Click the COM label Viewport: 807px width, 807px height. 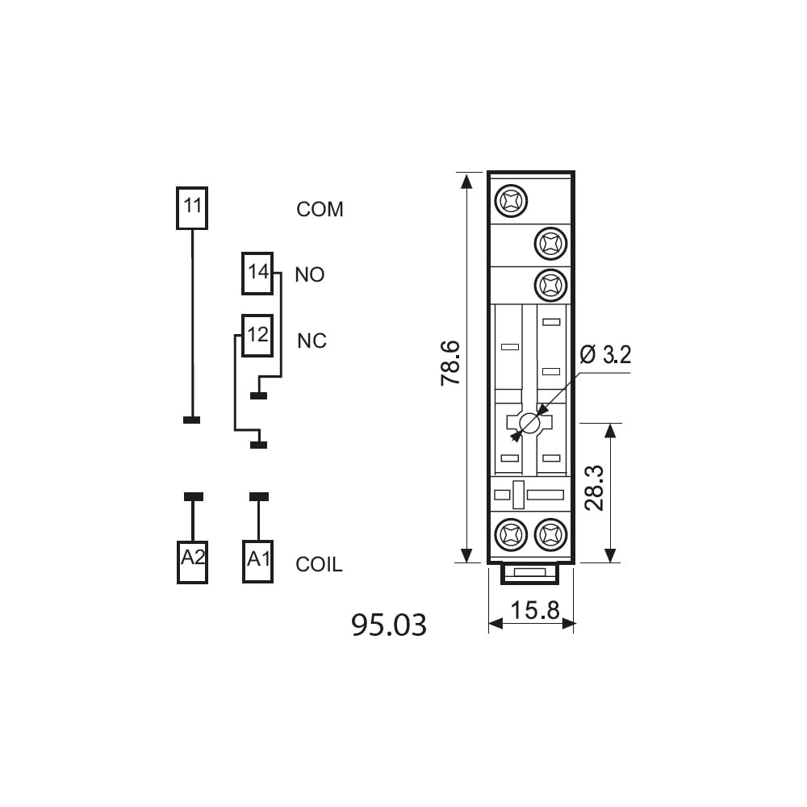[x=320, y=210]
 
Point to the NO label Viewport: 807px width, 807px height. [x=310, y=275]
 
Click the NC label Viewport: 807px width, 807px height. [x=312, y=341]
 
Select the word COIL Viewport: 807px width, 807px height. [x=319, y=565]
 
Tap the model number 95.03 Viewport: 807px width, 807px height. [x=389, y=625]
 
